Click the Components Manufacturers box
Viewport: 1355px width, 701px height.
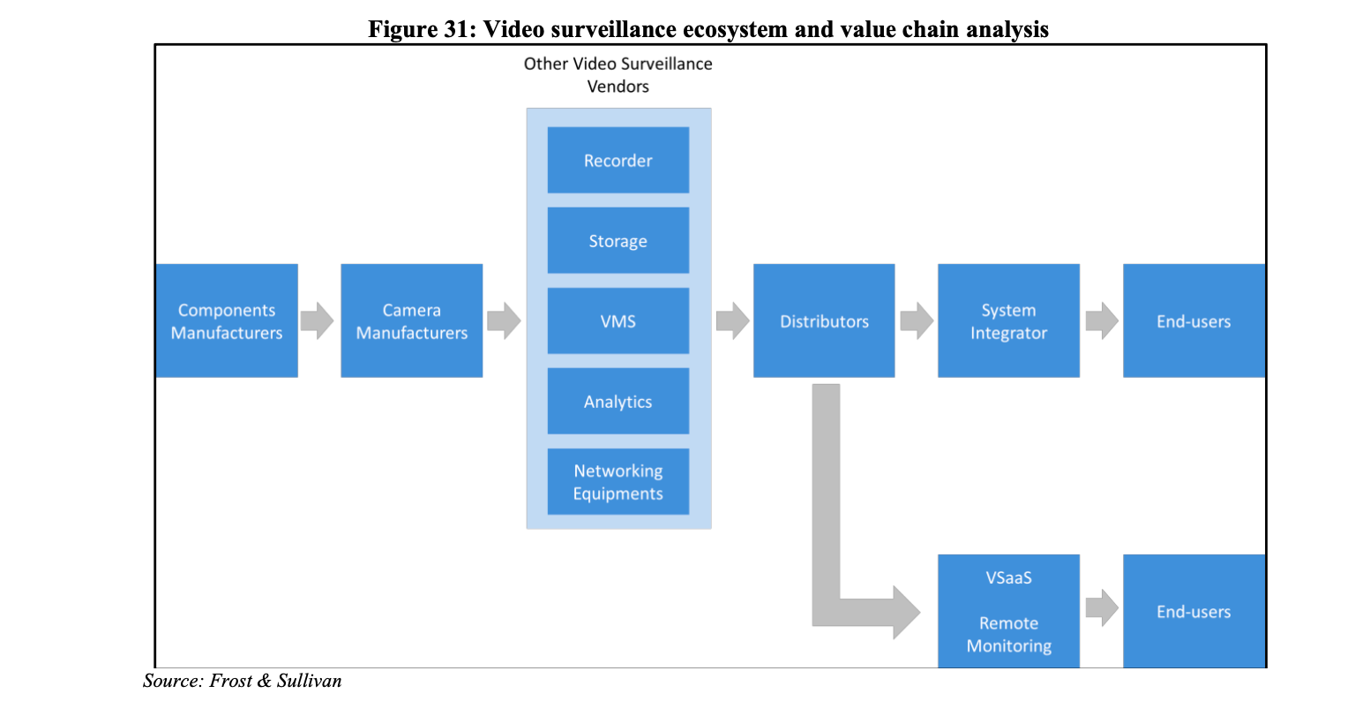coord(227,320)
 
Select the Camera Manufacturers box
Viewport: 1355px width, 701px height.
coord(412,320)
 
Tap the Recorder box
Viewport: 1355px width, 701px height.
coord(618,160)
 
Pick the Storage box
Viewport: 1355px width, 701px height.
coord(618,240)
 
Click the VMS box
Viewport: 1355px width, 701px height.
coord(618,320)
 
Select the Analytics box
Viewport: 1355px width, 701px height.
coord(618,401)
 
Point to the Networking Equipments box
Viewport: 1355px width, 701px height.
coord(618,481)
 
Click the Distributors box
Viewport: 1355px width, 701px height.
coord(824,320)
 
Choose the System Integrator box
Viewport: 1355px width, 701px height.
coord(1008,320)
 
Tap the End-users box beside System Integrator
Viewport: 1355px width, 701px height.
coord(1194,320)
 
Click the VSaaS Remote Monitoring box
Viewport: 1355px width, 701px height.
coord(1008,611)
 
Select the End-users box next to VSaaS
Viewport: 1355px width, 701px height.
coord(1194,611)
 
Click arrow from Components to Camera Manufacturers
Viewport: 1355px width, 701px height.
coord(317,320)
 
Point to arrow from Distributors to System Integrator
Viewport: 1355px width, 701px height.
coord(916,320)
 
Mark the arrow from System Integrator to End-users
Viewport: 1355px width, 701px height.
coord(1101,320)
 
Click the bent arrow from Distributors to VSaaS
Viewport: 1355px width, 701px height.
coord(827,530)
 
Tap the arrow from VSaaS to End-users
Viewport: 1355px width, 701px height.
coord(1101,607)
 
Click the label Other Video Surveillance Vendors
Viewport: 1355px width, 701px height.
coord(618,75)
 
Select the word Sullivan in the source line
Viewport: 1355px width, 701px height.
coord(309,681)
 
